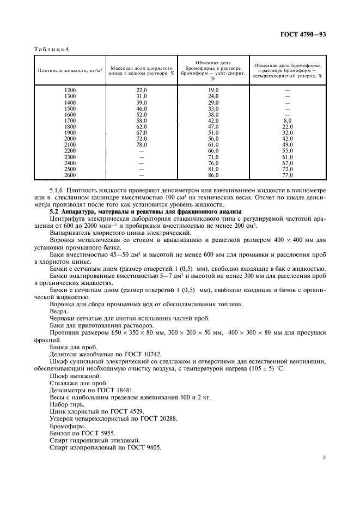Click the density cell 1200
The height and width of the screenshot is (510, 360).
pos(70,89)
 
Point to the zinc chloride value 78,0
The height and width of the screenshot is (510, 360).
pos(142,145)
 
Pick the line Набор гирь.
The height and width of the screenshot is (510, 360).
pos(67,405)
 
